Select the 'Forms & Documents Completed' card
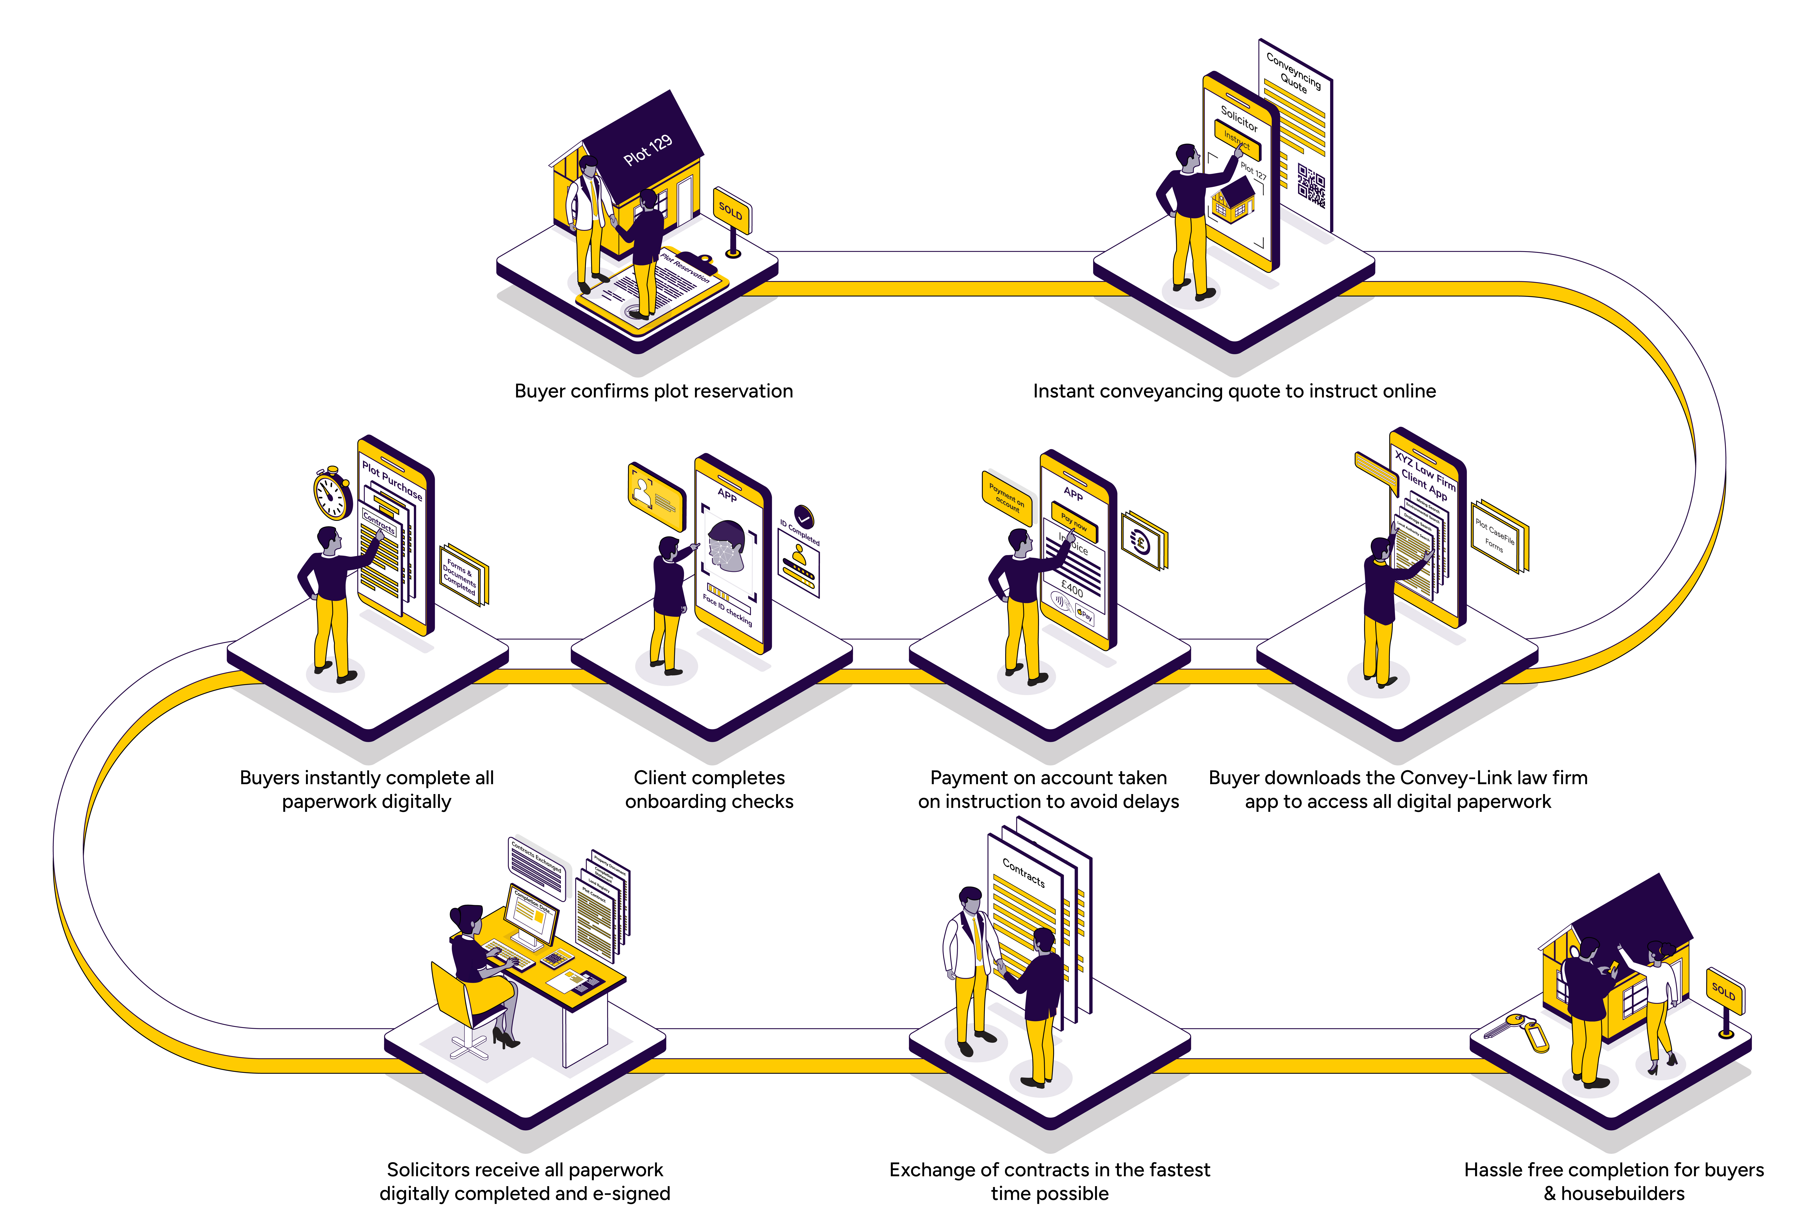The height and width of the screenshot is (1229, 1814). pyautogui.click(x=462, y=575)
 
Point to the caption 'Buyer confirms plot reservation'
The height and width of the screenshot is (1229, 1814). pyautogui.click(x=653, y=391)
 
